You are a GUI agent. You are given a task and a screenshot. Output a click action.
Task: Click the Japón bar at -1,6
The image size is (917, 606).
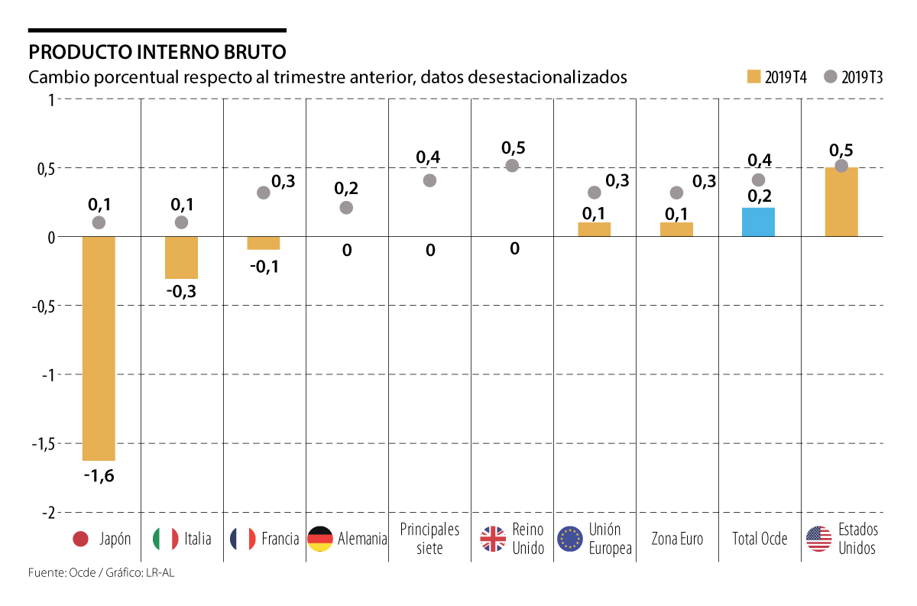[99, 348]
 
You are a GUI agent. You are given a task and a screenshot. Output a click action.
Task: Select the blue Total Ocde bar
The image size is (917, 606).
[758, 222]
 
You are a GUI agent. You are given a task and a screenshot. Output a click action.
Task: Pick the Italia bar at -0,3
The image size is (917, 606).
[181, 258]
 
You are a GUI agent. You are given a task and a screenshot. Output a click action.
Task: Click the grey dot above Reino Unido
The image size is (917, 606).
[512, 166]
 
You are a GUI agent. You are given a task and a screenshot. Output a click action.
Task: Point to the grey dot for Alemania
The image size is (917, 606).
[346, 207]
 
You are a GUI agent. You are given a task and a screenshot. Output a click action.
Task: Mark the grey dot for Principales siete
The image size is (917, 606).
[429, 180]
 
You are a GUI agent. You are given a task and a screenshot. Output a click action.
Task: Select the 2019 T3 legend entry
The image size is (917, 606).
[853, 76]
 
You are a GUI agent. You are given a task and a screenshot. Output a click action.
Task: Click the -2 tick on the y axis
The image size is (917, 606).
[46, 512]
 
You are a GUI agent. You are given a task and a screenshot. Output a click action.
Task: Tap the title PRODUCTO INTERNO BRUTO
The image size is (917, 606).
[157, 52]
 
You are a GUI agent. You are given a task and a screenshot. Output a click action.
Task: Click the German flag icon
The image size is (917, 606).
[319, 539]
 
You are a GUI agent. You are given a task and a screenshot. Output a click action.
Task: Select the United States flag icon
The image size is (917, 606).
[818, 539]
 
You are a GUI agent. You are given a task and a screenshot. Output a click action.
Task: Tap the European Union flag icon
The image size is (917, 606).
[570, 539]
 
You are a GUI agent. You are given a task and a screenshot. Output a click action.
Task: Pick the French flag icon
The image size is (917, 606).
[242, 539]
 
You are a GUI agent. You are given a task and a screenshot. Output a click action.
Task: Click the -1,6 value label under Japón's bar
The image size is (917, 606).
[99, 476]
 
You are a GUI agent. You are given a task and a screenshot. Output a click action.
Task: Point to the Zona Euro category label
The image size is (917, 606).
[677, 539]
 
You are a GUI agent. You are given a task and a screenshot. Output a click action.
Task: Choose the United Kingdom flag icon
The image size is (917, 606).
[493, 539]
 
